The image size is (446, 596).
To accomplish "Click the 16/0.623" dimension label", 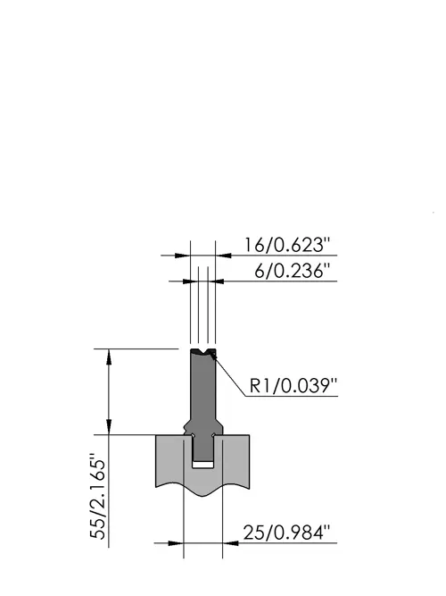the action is [x=287, y=245].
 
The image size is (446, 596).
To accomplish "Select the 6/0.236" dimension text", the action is [x=292, y=271].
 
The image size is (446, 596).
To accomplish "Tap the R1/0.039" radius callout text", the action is [x=293, y=386].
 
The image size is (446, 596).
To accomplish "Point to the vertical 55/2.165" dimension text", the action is [x=97, y=496].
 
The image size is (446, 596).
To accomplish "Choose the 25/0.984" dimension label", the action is [x=286, y=533].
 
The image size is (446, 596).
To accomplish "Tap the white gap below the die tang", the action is [x=203, y=464].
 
